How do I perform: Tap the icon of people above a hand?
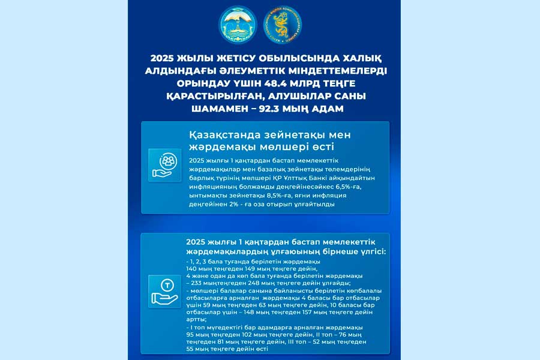pyautogui.click(x=164, y=164)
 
